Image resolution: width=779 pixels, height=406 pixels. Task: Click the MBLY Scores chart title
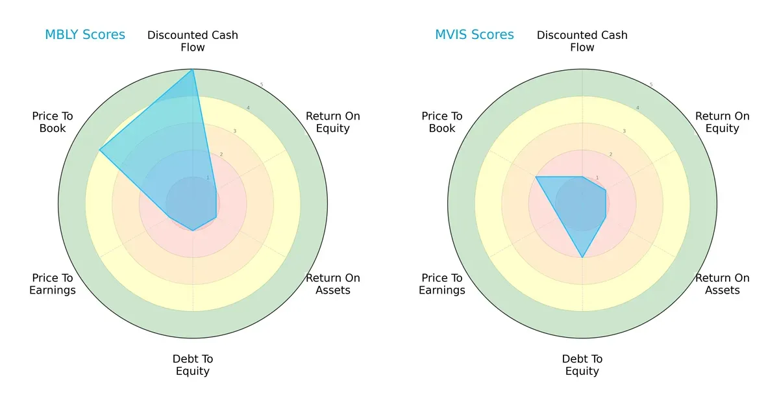click(x=85, y=34)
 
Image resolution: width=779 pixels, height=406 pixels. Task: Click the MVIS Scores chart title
click(x=475, y=34)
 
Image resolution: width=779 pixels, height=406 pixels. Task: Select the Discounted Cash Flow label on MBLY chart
click(x=193, y=41)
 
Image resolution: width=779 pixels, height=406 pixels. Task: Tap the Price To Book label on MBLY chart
click(x=53, y=122)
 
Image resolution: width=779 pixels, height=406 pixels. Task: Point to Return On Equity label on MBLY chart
click(x=333, y=122)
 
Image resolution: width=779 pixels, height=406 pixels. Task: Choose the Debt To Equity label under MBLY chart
click(x=193, y=365)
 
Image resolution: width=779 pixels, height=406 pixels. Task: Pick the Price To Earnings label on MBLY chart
click(x=53, y=284)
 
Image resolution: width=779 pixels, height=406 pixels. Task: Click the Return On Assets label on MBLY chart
click(x=333, y=284)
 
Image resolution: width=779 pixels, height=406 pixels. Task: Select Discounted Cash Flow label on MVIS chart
click(x=582, y=41)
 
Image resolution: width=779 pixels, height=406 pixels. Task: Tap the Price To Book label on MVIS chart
click(x=442, y=122)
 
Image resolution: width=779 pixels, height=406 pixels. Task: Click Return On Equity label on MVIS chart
click(x=723, y=122)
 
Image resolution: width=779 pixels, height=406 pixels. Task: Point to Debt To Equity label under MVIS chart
click(x=582, y=365)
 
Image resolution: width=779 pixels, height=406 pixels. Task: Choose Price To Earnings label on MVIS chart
click(x=442, y=284)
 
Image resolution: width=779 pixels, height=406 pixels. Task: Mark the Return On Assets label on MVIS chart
click(x=723, y=284)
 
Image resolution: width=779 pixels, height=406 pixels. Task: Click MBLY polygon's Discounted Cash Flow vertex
click(x=193, y=70)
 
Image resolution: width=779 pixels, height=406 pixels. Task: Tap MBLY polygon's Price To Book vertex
click(x=100, y=150)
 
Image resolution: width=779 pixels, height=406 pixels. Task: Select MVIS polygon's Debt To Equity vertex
click(x=582, y=258)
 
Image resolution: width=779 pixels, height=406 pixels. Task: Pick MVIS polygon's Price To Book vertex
click(x=536, y=177)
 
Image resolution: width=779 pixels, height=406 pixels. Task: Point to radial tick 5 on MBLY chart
click(x=262, y=85)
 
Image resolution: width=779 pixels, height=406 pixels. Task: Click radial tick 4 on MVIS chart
click(x=637, y=108)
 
